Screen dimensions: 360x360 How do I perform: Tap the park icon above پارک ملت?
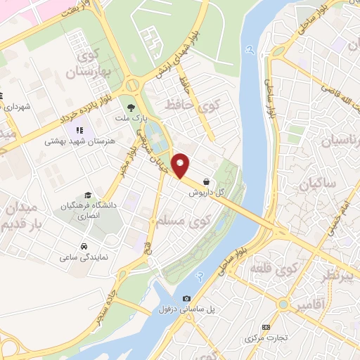tap(130, 108)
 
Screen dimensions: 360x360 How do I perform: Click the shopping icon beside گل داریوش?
tap(205, 181)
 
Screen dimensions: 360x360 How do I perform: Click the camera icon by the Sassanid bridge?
tap(186, 298)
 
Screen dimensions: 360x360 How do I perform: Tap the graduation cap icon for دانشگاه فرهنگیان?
tap(88, 195)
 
